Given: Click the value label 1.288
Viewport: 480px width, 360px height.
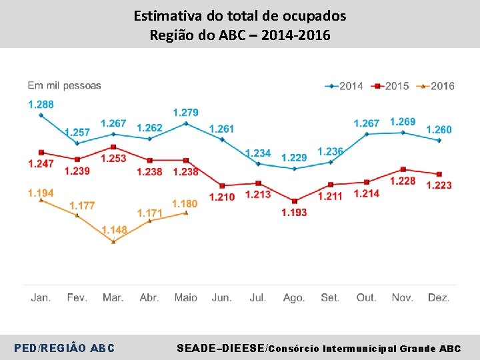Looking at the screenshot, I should coord(41,104).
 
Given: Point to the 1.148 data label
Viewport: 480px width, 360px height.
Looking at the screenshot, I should coord(114,230).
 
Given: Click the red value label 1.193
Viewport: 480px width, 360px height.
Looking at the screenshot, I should coord(294,212).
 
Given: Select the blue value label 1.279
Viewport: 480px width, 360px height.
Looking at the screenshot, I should coord(185,112).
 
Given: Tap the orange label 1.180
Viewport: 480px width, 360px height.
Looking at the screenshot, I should coord(185,203).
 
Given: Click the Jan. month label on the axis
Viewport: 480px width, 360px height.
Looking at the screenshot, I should coord(41,297).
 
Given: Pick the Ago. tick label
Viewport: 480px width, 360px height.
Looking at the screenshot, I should coord(294,297).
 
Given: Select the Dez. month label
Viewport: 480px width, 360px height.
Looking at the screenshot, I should coord(439,297).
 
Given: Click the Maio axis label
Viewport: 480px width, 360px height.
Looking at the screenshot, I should coord(185,297).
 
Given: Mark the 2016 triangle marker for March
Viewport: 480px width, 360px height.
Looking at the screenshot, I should coord(113,241).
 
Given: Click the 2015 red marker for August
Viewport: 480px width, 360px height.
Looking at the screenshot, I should coord(294,201).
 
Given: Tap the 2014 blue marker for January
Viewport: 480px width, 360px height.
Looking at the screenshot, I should coord(41,115).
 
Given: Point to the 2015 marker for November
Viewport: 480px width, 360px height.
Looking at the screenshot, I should coord(403,169).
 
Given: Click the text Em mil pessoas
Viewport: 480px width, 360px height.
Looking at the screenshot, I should coord(64,85).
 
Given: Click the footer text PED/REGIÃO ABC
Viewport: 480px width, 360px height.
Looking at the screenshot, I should coord(64,348).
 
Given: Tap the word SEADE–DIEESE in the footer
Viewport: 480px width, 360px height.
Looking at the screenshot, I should coord(220,348).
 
